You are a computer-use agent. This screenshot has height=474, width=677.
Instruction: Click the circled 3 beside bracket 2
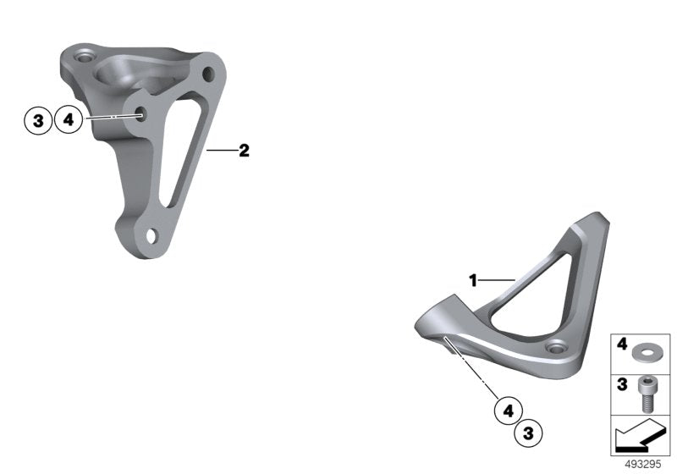pos(38,120)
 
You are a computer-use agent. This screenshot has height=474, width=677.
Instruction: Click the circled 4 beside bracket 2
pos(69,119)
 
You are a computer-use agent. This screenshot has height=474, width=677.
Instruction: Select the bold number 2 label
pos(244,151)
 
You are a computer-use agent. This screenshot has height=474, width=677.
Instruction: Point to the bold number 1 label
pos(474,281)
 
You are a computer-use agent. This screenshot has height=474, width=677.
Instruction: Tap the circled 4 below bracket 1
pos(509,411)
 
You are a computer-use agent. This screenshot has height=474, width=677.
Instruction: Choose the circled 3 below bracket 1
pos(528,433)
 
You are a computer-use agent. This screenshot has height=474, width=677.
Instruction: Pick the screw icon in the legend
pos(647,394)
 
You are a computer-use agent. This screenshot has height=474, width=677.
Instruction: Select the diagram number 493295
pos(643,465)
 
